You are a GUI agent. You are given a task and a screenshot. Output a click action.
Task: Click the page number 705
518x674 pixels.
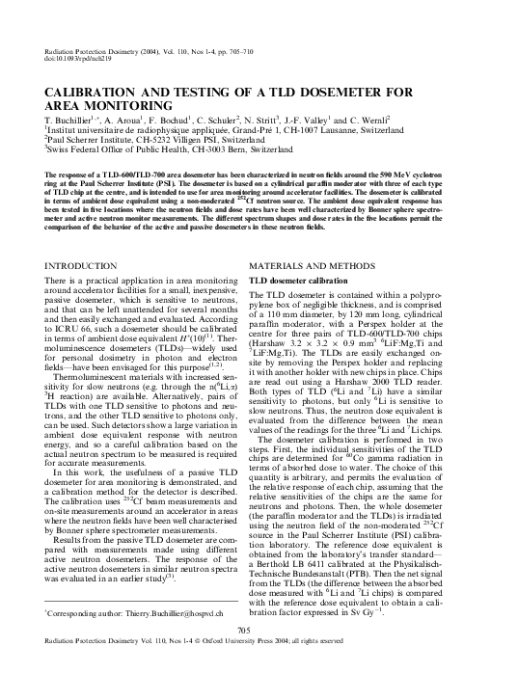click(258, 630)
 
